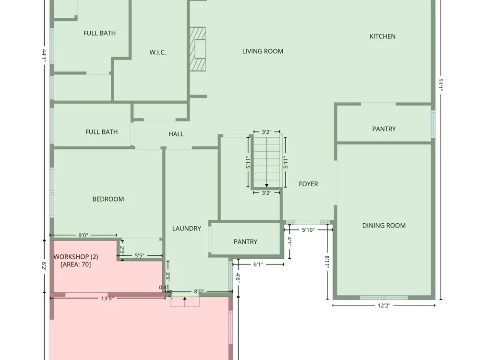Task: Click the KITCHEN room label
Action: (383, 36)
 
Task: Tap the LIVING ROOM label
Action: (263, 51)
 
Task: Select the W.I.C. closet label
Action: (157, 52)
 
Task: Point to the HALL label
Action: (176, 134)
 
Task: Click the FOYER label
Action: (308, 184)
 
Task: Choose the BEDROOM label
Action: (108, 199)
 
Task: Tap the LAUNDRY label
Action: (186, 228)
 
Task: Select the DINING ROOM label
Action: (384, 226)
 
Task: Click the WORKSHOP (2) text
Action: (76, 257)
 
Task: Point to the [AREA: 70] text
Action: (76, 264)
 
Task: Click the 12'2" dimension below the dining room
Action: (384, 305)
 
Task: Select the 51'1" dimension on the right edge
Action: (441, 85)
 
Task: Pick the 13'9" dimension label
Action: (107, 298)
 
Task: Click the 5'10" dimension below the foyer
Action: (308, 230)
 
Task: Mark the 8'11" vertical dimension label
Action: (327, 263)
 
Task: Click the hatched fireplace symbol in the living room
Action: (198, 49)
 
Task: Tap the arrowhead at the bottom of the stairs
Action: (266, 185)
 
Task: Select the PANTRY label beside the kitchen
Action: (384, 129)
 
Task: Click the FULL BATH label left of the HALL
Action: (101, 132)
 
